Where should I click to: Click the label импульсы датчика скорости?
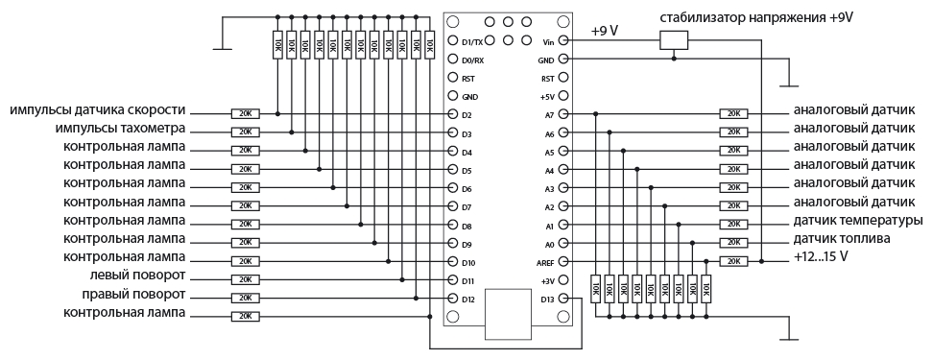pos(98,110)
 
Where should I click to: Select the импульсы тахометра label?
pos(120,129)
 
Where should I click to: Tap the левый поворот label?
pos(137,276)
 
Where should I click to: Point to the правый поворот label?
pos(133,295)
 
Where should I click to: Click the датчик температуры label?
pos(858,221)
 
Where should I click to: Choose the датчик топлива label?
pos(842,239)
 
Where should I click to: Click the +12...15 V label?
pos(821,257)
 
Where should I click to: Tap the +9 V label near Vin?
pos(604,31)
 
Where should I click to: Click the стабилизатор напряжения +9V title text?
pos(756,18)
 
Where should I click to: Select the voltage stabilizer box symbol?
pos(674,40)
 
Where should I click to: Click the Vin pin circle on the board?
pos(563,40)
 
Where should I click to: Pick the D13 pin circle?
pos(563,299)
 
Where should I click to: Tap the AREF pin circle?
pos(563,261)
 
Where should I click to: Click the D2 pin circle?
pos(452,113)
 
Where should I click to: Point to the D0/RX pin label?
pos(473,60)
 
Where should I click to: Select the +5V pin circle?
pos(563,96)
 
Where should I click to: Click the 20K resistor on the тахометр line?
pos(245,132)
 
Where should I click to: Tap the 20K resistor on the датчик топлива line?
pos(733,243)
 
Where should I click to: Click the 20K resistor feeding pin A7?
pos(733,113)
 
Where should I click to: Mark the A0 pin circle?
pos(563,243)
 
